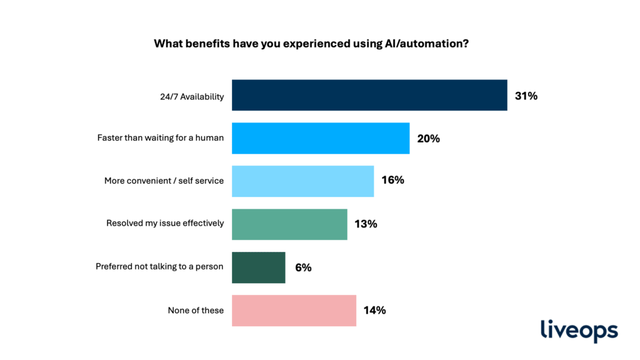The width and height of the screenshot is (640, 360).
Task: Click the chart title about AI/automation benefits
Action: point(320,44)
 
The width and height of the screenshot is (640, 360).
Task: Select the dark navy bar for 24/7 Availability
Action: point(369,96)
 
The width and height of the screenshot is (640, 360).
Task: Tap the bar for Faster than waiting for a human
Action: point(321,138)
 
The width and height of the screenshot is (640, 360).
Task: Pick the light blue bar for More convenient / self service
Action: point(302,181)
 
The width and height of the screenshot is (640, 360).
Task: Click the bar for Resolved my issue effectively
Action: point(289,224)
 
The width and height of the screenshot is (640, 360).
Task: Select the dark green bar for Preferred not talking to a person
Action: point(258,267)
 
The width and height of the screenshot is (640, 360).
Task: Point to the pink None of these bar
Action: point(294,310)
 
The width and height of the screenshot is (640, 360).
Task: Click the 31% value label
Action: point(526,96)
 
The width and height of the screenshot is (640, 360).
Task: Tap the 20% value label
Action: point(429,139)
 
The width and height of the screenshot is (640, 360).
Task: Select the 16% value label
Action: point(393,181)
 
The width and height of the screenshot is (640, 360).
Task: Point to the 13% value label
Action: point(366,224)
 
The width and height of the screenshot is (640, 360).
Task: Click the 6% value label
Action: point(303,267)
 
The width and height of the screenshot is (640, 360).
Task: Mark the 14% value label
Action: point(375,310)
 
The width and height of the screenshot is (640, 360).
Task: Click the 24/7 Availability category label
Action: point(192,96)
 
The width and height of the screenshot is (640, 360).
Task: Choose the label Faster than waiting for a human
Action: point(161,138)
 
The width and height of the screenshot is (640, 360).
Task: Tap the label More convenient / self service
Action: point(164,181)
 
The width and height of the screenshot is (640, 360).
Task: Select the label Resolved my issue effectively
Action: point(165,223)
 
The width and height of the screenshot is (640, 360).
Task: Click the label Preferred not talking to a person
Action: point(159,266)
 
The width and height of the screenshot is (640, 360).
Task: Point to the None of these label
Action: point(196,310)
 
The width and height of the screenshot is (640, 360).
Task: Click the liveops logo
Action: point(579,331)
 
